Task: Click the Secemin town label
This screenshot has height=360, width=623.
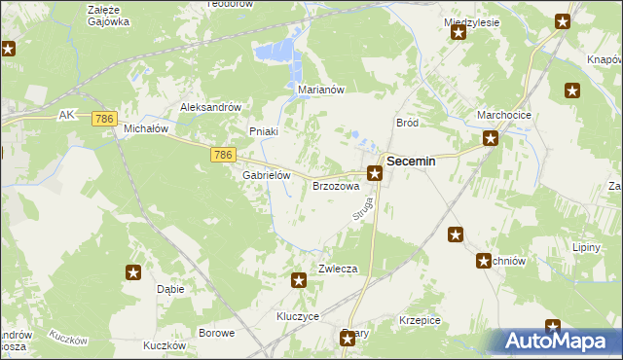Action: pos(411,163)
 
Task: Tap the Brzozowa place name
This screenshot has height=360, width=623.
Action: pos(336,185)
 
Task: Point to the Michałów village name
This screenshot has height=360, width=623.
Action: pos(146,128)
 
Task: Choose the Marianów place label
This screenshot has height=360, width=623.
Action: pos(321,90)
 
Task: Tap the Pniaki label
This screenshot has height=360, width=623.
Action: pos(264,131)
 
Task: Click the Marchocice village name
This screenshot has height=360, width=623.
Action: pos(502,115)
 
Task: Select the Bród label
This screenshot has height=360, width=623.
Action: pos(407,123)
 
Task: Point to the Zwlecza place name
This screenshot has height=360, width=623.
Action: pos(334,269)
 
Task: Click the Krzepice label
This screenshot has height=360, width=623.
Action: pos(421,320)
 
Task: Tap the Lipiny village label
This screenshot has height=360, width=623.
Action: pos(587,248)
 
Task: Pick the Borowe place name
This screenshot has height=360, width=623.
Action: pos(216,333)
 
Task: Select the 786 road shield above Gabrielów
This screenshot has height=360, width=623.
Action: pos(223,155)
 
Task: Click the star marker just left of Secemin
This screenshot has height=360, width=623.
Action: pos(374,173)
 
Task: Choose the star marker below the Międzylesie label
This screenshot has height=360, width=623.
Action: pos(458,33)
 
